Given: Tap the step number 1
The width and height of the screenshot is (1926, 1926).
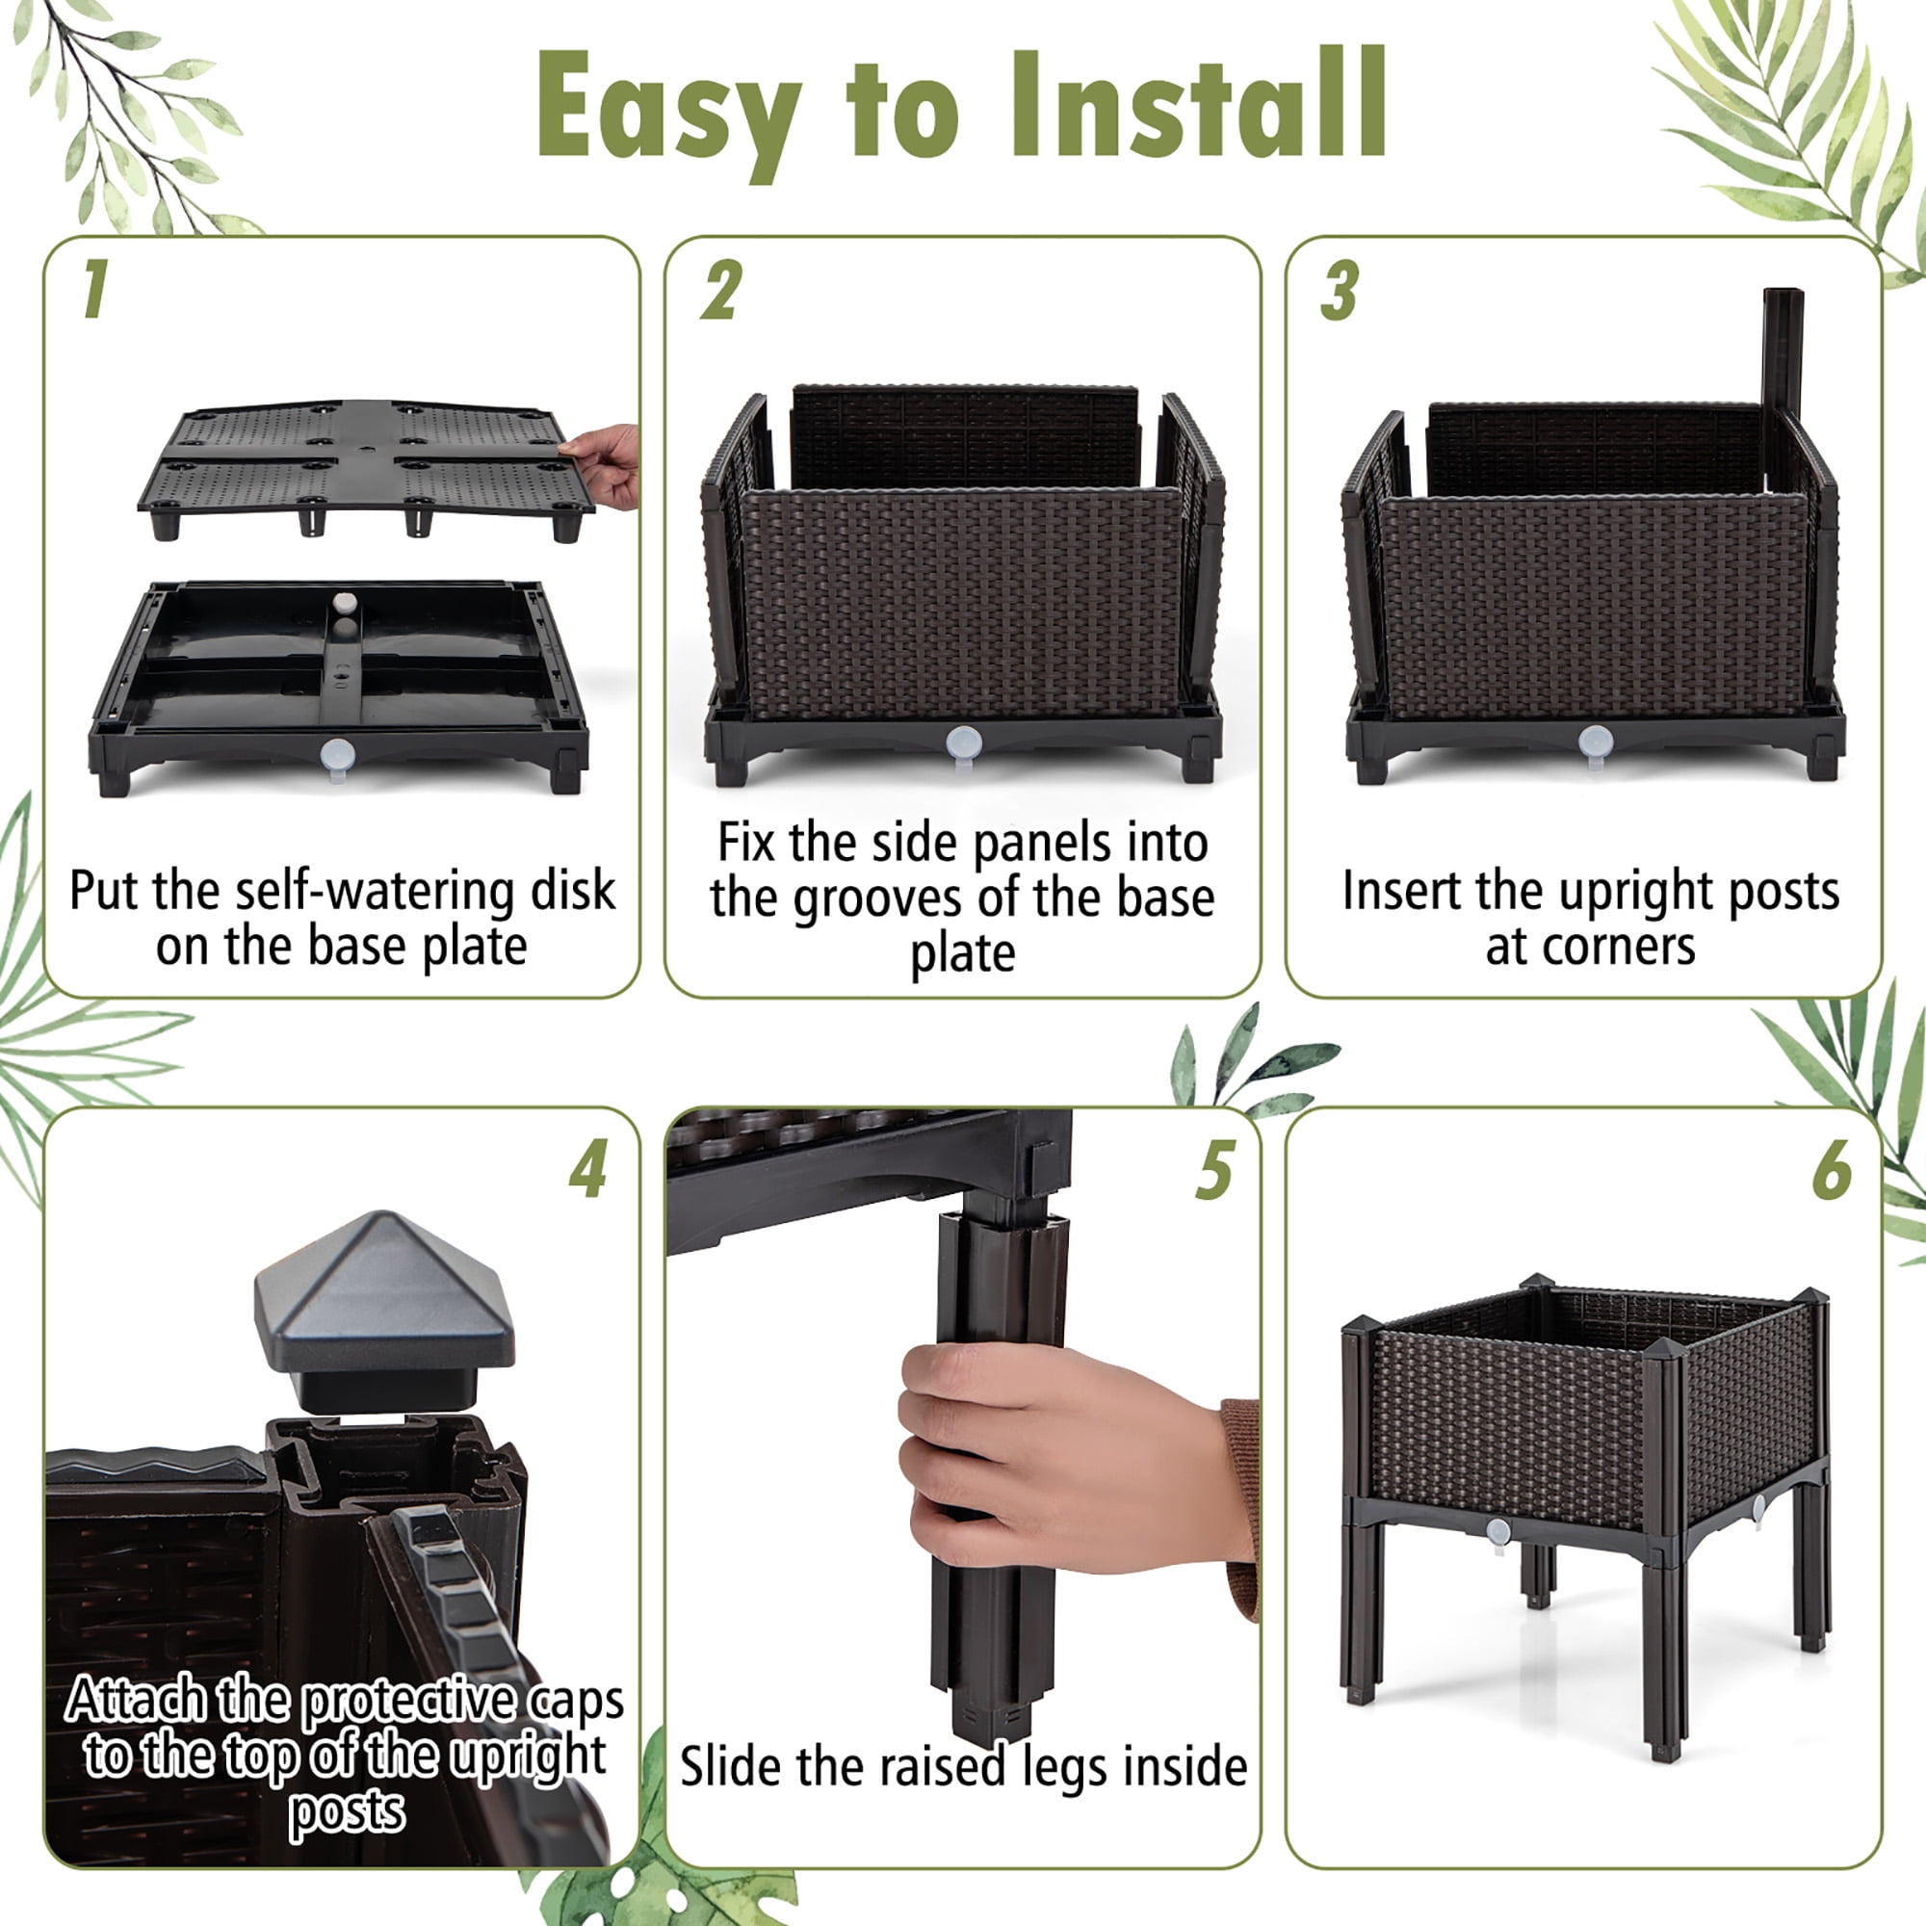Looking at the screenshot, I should pyautogui.click(x=94, y=290).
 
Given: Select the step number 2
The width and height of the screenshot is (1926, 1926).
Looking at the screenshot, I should pyautogui.click(x=720, y=290).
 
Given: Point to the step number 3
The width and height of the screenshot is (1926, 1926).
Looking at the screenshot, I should pyautogui.click(x=1340, y=290).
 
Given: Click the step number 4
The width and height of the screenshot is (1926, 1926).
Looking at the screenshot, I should pyautogui.click(x=588, y=1168).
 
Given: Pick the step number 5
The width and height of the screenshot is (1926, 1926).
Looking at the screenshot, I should pyautogui.click(x=1215, y=1168).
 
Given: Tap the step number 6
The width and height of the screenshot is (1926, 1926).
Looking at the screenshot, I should pyautogui.click(x=1832, y=1168).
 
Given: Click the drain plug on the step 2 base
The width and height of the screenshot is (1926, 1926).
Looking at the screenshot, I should pyautogui.click(x=963, y=742).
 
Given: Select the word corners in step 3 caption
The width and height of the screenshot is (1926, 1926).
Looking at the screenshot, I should pyautogui.click(x=1618, y=946).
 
